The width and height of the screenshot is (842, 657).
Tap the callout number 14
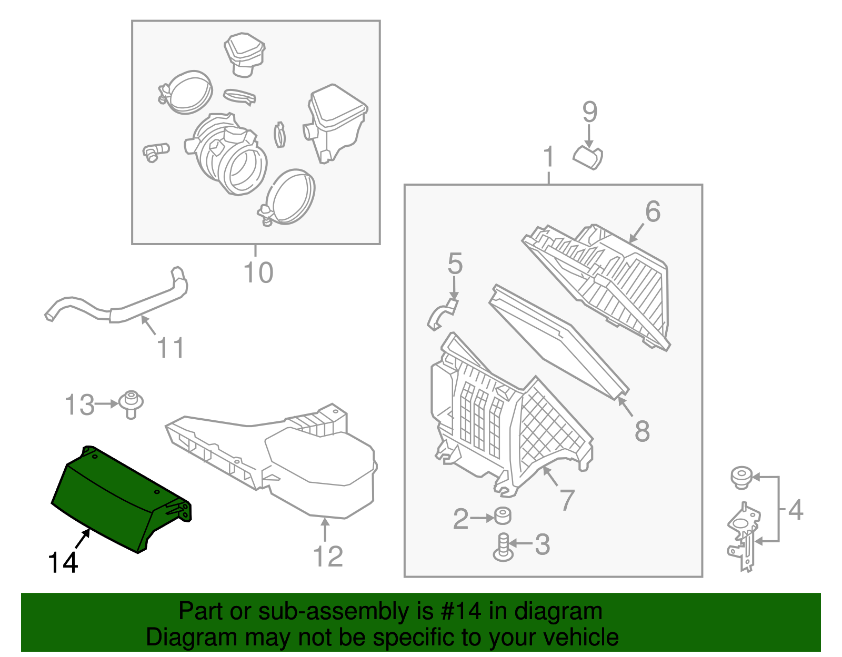point(63,563)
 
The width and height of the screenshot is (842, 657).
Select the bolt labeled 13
point(131,404)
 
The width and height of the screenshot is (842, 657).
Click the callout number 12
point(327,557)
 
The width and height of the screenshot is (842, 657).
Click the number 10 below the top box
point(258,272)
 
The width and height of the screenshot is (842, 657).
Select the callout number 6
point(653,211)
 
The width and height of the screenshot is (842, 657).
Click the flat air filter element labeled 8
point(558,342)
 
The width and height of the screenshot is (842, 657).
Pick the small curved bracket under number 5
point(442,314)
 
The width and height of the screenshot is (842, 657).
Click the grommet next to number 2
point(503,516)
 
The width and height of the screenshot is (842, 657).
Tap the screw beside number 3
point(503,547)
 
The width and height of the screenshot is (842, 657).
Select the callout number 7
point(567,500)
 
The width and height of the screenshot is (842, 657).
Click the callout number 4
point(795,510)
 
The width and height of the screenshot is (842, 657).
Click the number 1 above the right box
point(549,157)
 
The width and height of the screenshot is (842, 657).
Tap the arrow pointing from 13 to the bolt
point(107,404)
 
